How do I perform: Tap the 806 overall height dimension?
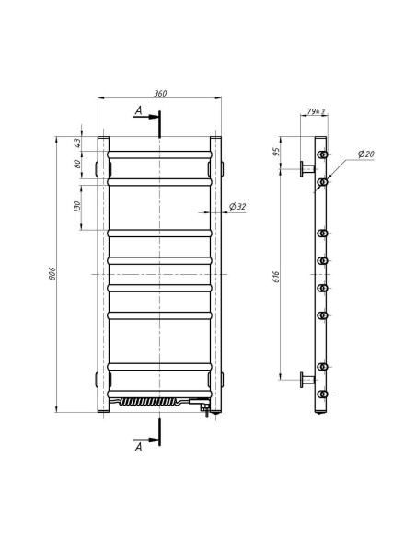click(54, 273)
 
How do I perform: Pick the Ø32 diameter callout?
click(237, 207)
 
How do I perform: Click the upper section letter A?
click(138, 110)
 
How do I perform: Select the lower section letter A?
click(138, 448)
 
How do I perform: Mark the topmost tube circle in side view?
click(323, 154)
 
